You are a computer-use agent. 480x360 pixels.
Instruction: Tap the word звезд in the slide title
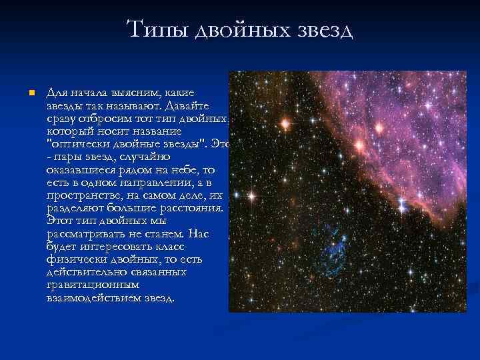pos(321,29)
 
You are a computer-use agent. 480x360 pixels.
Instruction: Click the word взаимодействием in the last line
pos(93,297)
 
